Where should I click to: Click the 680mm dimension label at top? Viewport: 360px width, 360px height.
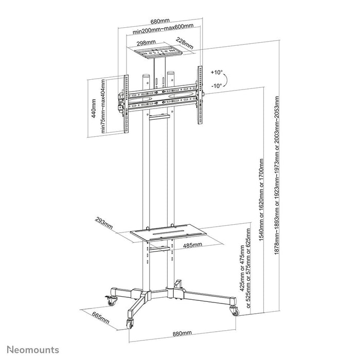click(159, 21)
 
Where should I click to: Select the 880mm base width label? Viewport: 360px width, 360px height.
click(179, 334)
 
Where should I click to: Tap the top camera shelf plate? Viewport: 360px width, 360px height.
click(158, 51)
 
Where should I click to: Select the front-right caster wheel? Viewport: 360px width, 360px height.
click(235, 311)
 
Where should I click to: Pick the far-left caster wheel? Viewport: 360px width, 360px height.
click(110, 297)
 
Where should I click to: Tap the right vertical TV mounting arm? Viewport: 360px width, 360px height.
click(197, 96)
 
